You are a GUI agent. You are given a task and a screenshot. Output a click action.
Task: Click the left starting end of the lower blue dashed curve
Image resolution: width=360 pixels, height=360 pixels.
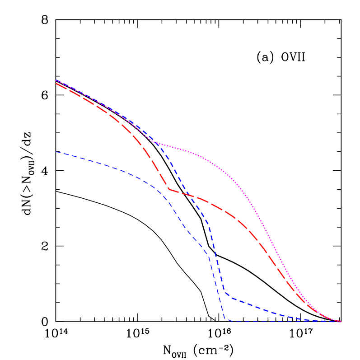56,152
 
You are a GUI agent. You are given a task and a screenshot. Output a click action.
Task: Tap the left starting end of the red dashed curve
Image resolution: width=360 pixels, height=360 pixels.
56,84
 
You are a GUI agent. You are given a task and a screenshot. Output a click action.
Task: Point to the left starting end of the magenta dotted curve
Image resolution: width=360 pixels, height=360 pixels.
56,80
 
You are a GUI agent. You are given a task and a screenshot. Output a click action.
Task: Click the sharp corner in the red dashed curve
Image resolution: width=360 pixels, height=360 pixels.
169,189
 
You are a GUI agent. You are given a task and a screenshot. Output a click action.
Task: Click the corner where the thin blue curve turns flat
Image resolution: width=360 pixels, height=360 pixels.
225,319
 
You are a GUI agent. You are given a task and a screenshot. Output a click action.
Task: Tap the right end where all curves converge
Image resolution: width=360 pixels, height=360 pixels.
340,321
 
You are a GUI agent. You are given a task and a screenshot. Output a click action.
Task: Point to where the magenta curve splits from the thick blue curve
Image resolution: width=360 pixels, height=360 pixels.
154,142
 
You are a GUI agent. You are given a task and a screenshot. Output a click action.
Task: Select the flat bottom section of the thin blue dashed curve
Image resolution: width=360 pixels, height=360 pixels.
280,322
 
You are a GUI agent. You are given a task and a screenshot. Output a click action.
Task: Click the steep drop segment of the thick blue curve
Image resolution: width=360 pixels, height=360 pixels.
217,260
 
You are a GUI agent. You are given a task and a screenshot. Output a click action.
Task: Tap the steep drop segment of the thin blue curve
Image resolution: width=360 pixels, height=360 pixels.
216,287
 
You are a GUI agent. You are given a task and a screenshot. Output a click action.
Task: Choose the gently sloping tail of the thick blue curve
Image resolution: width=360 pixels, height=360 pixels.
271,311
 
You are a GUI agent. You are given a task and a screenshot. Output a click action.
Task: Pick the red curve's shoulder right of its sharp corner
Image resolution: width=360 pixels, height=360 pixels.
212,203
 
